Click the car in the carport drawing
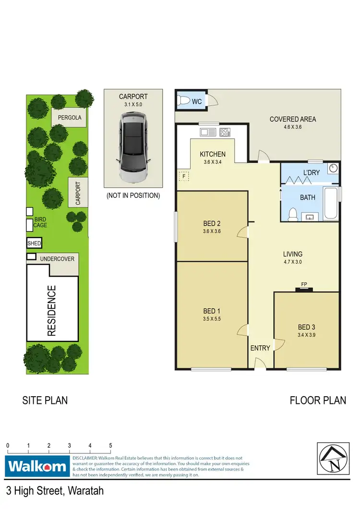(x=133, y=147)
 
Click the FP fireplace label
(x=304, y=284)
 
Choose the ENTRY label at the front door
(x=260, y=348)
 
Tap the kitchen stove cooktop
(x=225, y=132)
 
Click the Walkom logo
(x=37, y=466)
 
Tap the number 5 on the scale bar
(x=110, y=445)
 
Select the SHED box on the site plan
(x=34, y=243)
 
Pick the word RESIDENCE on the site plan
(x=52, y=310)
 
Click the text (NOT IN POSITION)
(x=133, y=195)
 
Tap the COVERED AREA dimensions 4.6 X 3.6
(x=293, y=128)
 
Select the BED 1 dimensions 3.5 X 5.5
(x=212, y=318)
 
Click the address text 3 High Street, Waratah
(x=55, y=491)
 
